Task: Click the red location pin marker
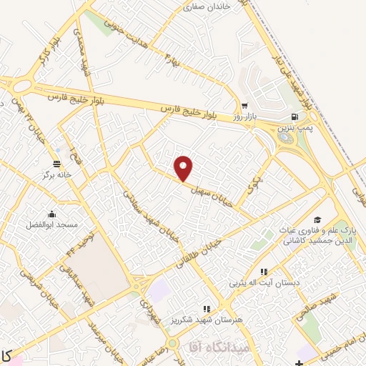(184, 167)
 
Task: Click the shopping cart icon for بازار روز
(244, 106)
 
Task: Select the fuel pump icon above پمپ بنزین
(294, 116)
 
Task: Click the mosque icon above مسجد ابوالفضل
(51, 212)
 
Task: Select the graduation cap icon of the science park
(317, 219)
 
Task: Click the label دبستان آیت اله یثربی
(262, 283)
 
